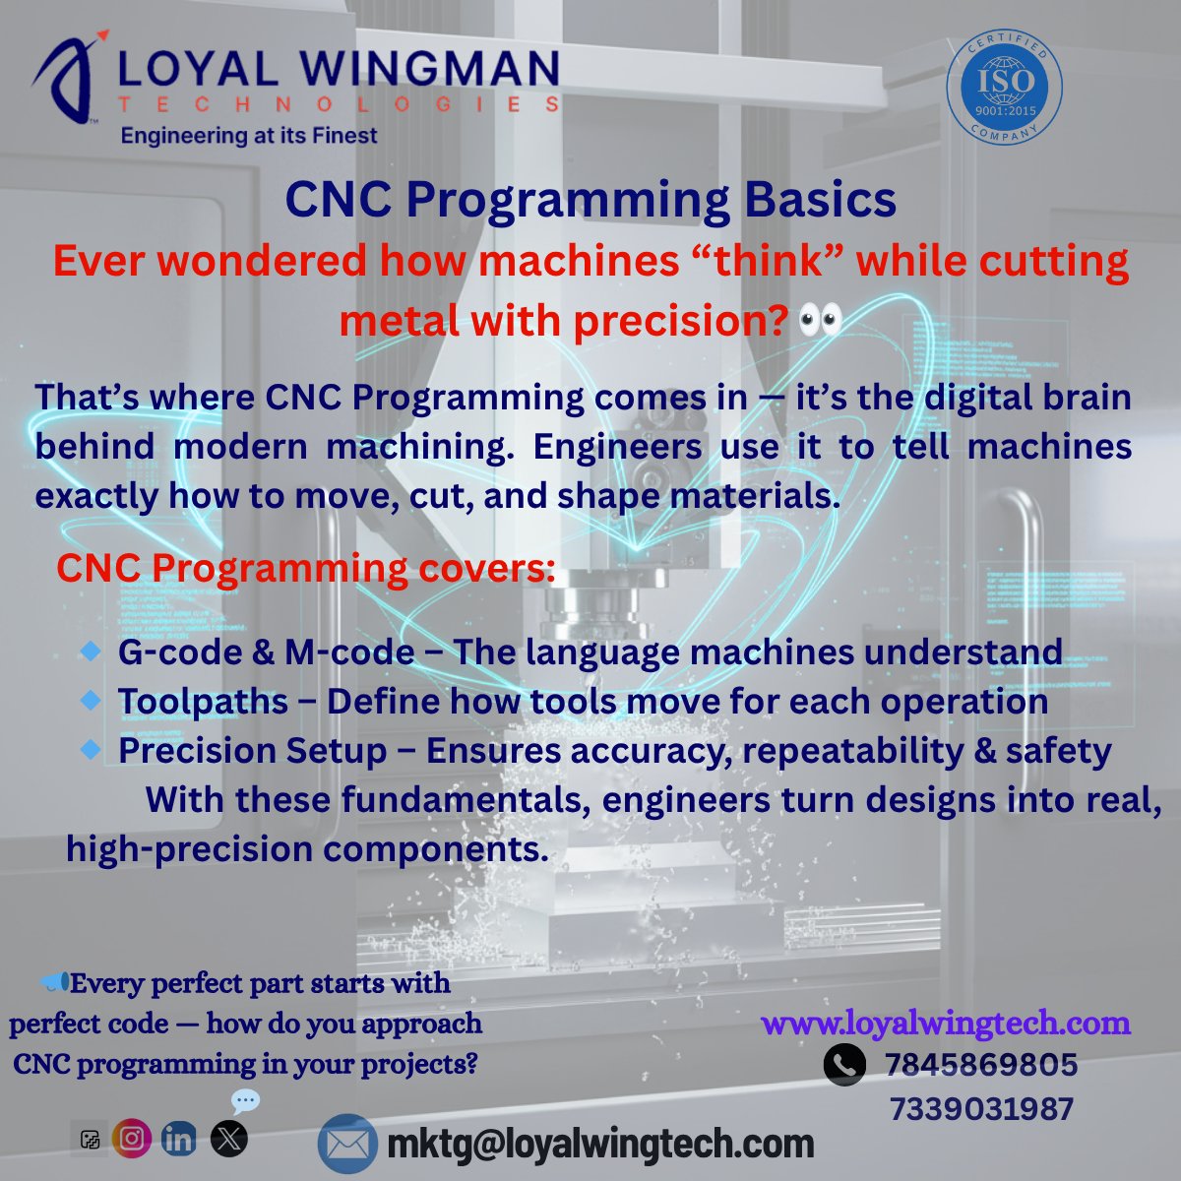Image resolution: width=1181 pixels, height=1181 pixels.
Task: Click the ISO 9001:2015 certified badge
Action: (x=1004, y=88)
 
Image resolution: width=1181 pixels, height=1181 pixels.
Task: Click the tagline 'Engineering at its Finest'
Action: (x=249, y=136)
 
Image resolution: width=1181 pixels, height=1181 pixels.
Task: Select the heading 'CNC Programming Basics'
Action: (x=590, y=200)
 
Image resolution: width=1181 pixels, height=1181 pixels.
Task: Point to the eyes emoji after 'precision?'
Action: (x=821, y=321)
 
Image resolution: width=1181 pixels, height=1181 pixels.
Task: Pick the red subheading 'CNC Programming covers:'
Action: (x=305, y=568)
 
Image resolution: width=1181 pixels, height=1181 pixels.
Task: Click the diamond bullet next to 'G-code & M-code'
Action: (x=91, y=650)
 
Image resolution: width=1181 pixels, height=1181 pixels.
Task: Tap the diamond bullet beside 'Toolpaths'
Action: (x=91, y=700)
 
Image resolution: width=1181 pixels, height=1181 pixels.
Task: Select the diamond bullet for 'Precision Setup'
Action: (x=91, y=749)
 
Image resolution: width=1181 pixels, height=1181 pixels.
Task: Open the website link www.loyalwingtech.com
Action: (x=946, y=1023)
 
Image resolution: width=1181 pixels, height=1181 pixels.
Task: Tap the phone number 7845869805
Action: (x=980, y=1065)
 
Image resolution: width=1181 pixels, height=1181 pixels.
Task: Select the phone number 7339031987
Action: (x=981, y=1109)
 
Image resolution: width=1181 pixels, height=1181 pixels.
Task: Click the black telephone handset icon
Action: (x=843, y=1065)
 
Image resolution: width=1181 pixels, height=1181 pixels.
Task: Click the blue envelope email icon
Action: (x=347, y=1144)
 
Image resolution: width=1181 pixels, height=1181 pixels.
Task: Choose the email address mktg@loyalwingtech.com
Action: (x=600, y=1144)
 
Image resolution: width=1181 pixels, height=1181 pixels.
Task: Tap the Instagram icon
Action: (x=132, y=1139)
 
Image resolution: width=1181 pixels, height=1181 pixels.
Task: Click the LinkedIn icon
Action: (x=179, y=1139)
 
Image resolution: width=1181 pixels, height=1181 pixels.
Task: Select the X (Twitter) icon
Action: (x=229, y=1139)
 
